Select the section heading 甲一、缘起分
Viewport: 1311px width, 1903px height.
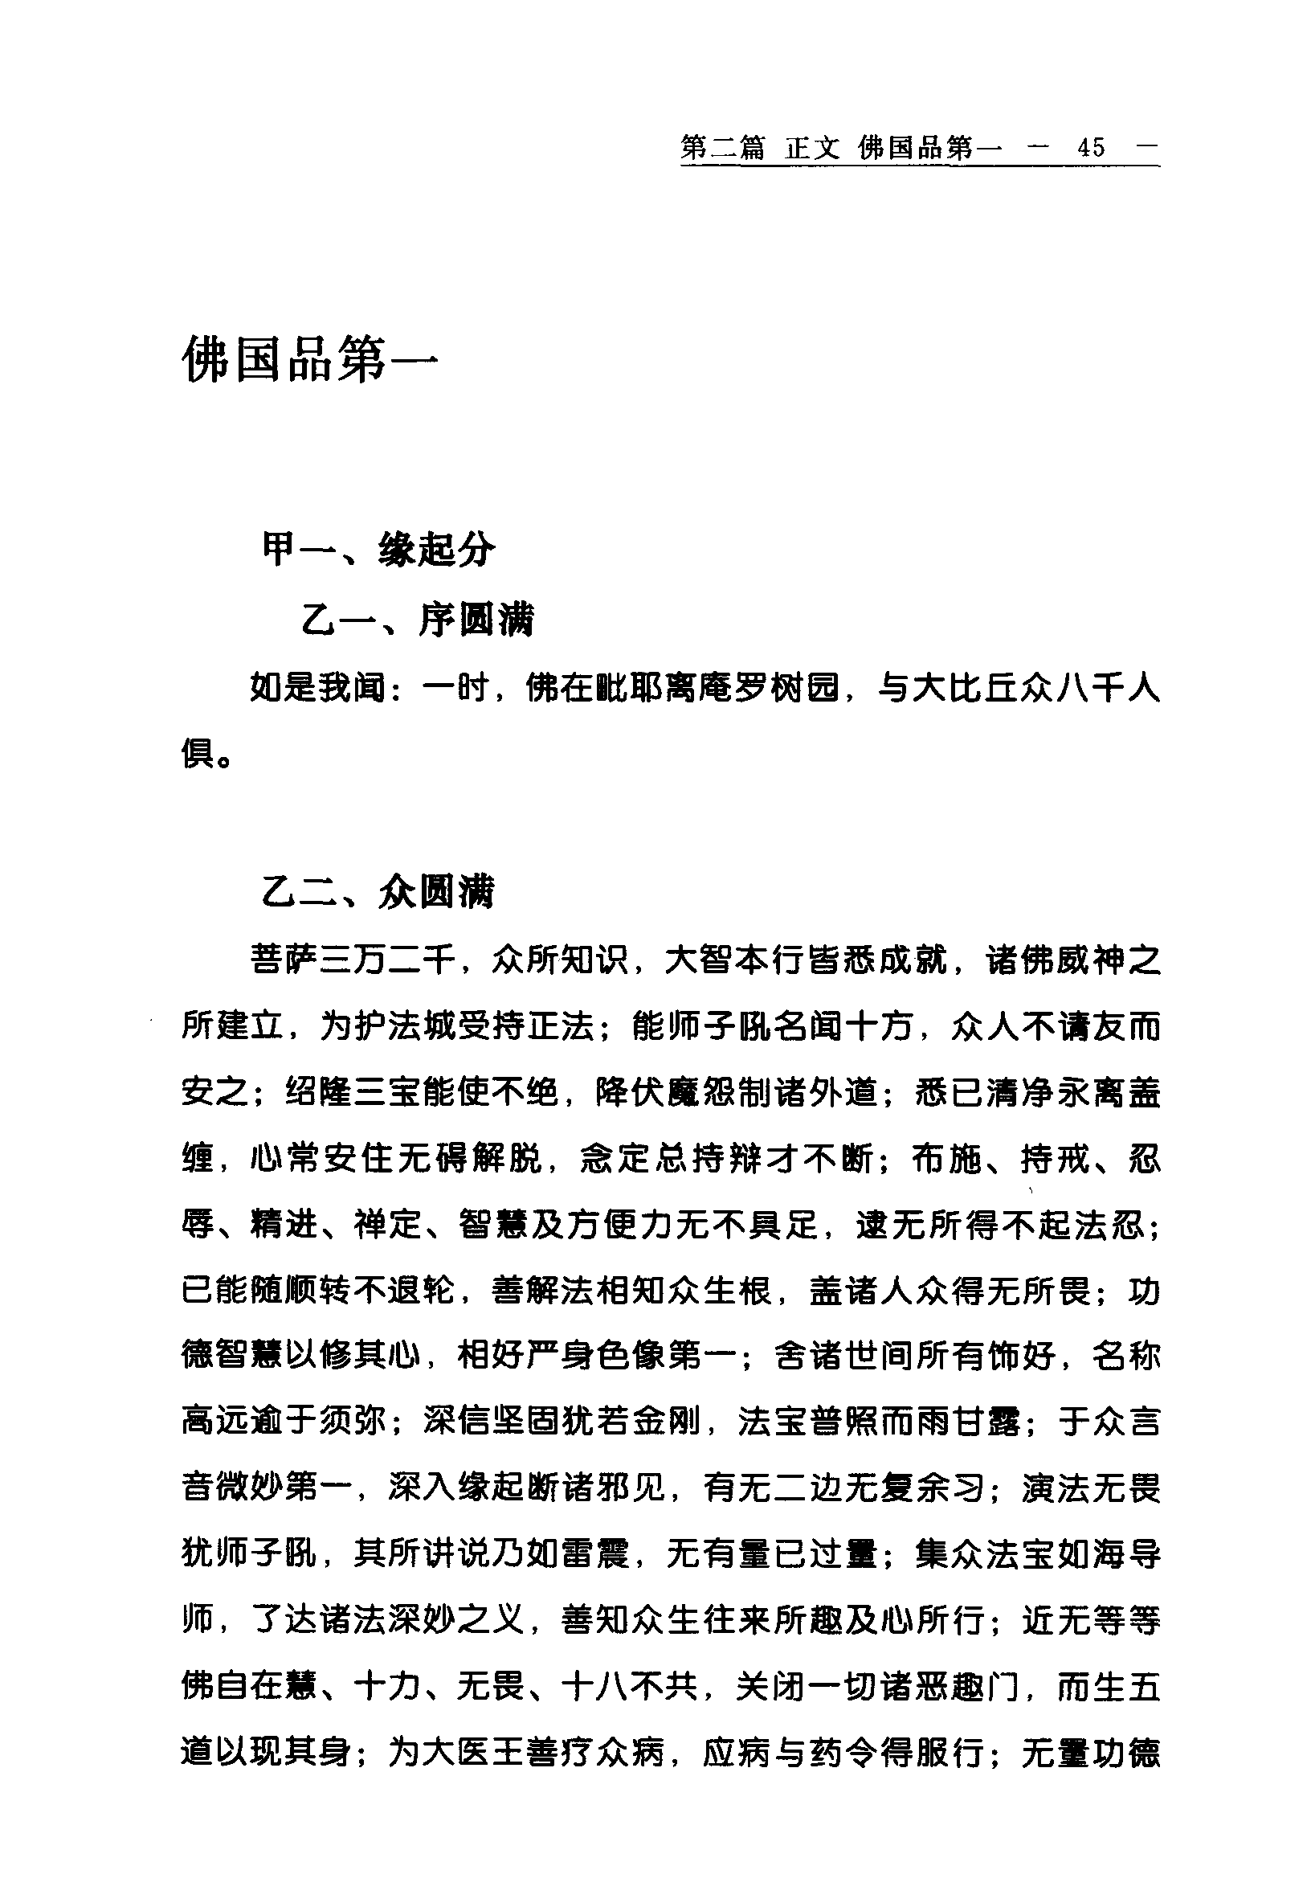(378, 550)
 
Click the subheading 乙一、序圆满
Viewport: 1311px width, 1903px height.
(417, 620)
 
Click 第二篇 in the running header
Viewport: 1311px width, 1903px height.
(723, 148)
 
